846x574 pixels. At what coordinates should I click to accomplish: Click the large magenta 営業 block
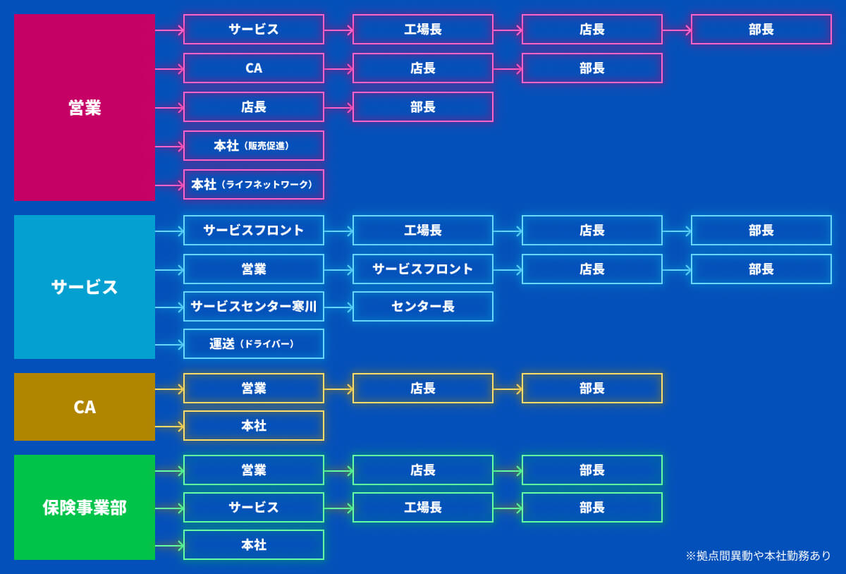(85, 108)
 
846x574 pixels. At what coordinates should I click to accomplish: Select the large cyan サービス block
(85, 287)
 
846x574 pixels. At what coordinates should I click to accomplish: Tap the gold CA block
(85, 407)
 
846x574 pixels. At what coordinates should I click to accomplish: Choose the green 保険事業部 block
(85, 508)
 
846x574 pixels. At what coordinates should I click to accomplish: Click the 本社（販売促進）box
(254, 146)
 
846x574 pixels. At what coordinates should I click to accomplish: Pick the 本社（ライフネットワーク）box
(254, 185)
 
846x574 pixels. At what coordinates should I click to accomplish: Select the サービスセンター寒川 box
(254, 307)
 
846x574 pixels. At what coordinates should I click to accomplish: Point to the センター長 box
(423, 307)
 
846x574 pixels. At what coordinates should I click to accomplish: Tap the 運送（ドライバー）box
(254, 344)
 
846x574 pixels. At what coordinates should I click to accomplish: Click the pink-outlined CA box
(254, 68)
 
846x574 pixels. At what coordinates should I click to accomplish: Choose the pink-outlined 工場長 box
(423, 30)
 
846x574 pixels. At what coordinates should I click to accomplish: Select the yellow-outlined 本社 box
(254, 426)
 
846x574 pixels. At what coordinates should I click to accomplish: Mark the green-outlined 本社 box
(254, 545)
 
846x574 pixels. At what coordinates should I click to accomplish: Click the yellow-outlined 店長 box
(423, 389)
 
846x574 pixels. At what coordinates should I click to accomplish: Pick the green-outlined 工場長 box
(423, 508)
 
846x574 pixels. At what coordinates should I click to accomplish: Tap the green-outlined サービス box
(254, 508)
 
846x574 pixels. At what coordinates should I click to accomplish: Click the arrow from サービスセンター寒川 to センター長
(338, 307)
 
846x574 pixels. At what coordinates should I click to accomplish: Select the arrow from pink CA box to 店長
(338, 69)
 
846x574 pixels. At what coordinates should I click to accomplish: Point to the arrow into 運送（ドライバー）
(169, 345)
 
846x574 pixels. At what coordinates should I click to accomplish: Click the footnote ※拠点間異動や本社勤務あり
(759, 556)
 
